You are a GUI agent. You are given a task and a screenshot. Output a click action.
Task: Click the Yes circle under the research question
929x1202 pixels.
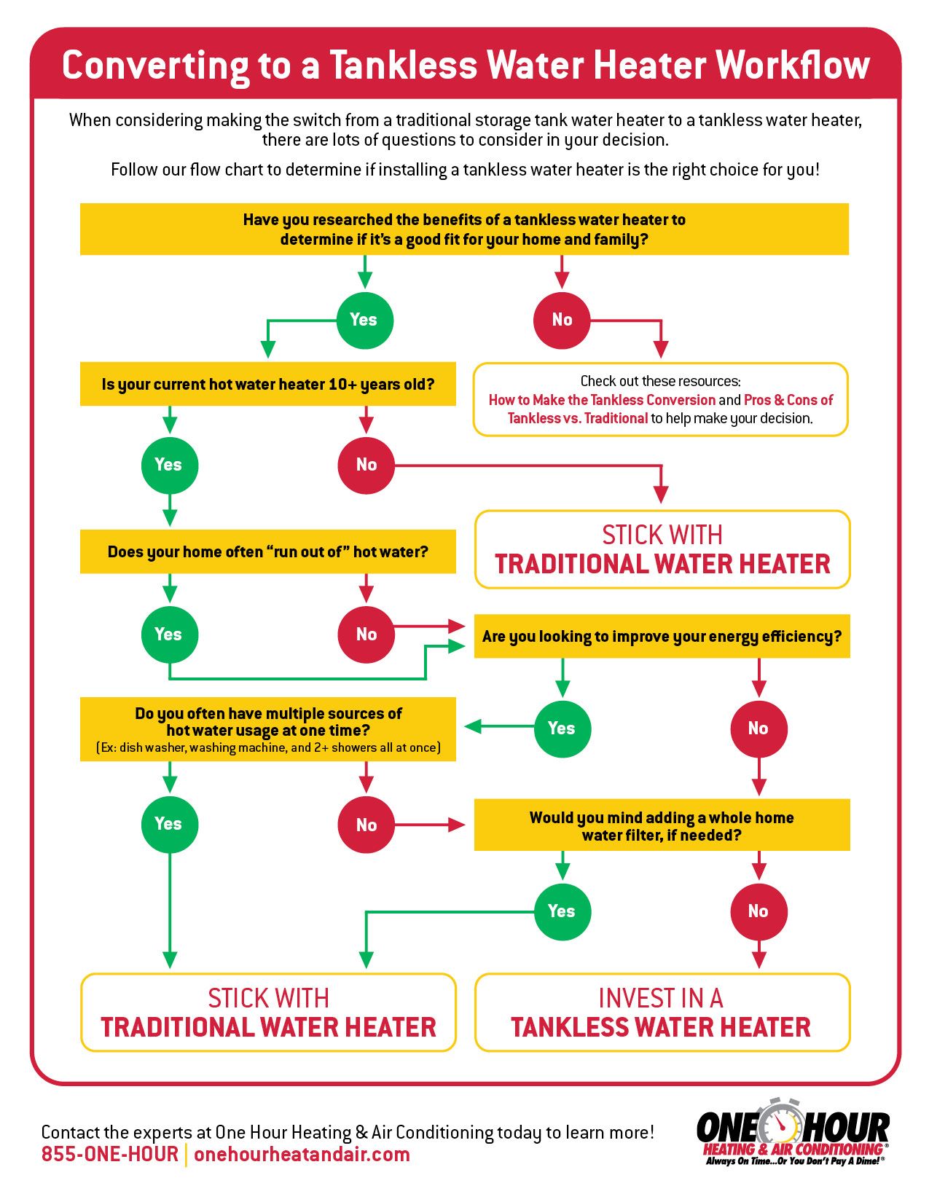(364, 320)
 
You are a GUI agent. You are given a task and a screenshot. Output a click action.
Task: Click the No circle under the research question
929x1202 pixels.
(562, 320)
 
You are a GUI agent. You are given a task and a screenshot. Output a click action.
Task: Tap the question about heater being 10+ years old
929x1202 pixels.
(267, 384)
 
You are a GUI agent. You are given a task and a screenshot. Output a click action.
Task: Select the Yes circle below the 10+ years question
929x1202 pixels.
(169, 465)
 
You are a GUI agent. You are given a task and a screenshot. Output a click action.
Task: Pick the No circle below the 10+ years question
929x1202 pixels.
(366, 465)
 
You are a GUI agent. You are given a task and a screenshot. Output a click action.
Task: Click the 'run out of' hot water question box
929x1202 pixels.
(267, 551)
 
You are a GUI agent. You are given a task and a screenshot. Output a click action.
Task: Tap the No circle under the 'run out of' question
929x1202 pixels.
(366, 635)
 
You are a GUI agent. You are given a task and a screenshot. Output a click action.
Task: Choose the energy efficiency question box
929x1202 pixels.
(662, 637)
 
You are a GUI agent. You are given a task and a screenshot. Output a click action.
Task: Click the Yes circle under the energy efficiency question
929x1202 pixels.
(562, 728)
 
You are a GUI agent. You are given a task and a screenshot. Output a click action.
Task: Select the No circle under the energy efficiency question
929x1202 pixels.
(759, 728)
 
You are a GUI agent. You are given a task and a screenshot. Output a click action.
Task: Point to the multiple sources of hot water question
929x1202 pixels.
(267, 729)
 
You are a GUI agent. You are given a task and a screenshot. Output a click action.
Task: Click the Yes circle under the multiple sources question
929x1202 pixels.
(169, 824)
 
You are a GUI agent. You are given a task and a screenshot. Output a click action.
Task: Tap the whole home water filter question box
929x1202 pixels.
(662, 825)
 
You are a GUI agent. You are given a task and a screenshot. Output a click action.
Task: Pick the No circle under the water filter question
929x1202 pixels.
(759, 911)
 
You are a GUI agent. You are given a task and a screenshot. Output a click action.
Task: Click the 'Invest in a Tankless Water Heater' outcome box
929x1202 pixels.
(662, 1013)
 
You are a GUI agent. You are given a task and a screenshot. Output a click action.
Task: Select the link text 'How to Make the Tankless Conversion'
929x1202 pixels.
(602, 400)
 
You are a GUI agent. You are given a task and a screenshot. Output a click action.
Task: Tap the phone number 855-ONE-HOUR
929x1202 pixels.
(109, 1155)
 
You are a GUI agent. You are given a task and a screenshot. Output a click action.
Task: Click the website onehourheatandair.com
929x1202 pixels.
(302, 1155)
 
